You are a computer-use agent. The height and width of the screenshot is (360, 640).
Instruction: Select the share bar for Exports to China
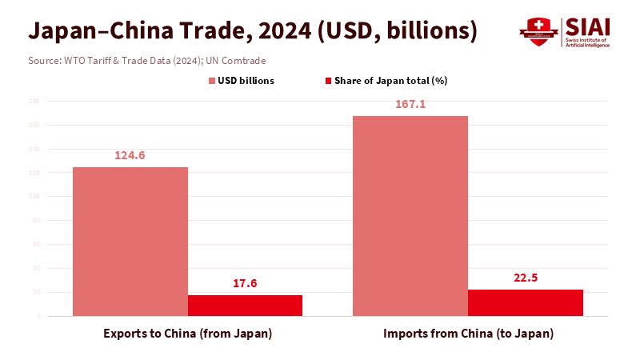(x=245, y=306)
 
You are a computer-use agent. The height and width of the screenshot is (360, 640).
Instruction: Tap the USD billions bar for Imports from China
(x=410, y=216)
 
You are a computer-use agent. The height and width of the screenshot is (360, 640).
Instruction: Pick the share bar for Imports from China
(x=525, y=302)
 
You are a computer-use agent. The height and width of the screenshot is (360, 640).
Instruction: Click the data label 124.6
(x=130, y=155)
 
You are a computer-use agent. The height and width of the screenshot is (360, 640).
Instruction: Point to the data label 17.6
(x=245, y=283)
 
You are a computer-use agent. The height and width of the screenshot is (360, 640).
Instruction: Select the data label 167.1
(x=410, y=104)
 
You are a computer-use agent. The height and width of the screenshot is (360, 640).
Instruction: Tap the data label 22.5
(x=525, y=278)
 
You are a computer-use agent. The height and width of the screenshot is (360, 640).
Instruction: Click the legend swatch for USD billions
(x=213, y=81)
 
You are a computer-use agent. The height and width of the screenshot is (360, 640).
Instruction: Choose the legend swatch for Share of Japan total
(x=328, y=81)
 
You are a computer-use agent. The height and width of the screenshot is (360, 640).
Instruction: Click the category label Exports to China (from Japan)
(x=188, y=333)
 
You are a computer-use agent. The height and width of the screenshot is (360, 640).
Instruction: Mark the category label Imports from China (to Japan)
(x=468, y=333)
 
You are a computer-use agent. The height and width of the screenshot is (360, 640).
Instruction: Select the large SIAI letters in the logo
(x=588, y=26)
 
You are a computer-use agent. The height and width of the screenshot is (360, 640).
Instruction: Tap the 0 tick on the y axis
(x=38, y=316)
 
